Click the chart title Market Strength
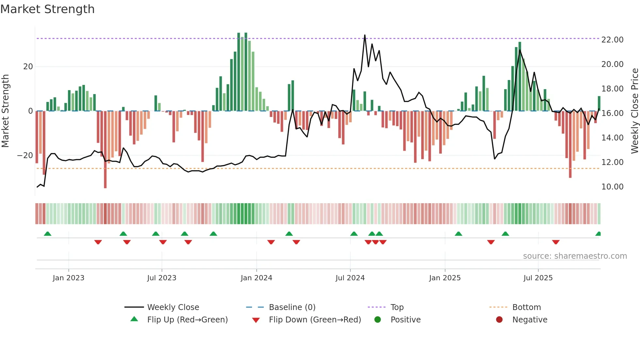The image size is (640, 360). click(x=47, y=9)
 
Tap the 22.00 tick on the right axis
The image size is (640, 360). click(x=612, y=40)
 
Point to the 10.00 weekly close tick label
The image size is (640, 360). click(x=612, y=187)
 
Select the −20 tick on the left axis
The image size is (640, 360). click(x=25, y=155)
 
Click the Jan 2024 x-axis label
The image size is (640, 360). click(x=256, y=278)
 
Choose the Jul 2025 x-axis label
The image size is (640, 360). click(x=538, y=278)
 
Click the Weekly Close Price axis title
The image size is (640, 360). click(x=634, y=111)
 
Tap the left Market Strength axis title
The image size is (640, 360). click(x=5, y=111)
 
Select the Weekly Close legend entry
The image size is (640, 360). click(x=173, y=307)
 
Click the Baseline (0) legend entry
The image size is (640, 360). click(x=292, y=307)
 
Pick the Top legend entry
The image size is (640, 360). click(x=397, y=307)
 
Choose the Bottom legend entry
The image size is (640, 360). click(x=526, y=307)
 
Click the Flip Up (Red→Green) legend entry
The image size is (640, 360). click(x=187, y=320)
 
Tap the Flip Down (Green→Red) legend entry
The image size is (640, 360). click(x=315, y=320)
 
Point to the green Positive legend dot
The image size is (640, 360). click(x=377, y=320)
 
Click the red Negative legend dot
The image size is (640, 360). click(x=499, y=320)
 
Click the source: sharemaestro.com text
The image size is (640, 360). click(x=575, y=256)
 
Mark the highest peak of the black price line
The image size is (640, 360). click(x=365, y=35)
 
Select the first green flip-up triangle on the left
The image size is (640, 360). click(x=48, y=234)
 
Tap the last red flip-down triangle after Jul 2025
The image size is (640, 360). click(x=556, y=242)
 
